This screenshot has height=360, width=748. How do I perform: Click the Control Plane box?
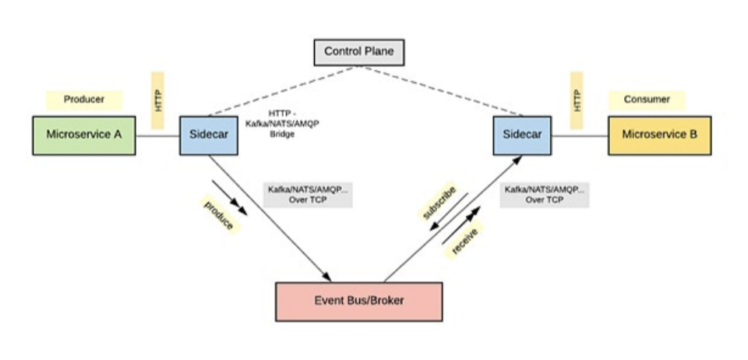coord(359,53)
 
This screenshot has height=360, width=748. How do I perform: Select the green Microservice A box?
coord(83,135)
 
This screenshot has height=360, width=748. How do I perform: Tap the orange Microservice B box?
coord(659,135)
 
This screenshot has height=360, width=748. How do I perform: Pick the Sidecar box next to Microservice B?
coord(522,135)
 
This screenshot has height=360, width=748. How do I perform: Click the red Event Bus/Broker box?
coord(358,301)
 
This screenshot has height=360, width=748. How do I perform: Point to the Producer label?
coord(84,100)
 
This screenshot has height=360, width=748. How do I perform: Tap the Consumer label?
coord(647,100)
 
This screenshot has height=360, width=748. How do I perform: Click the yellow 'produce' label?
coord(219,215)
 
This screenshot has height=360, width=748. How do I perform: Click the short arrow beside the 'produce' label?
coord(231,199)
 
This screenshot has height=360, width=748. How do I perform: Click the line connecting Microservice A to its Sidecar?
coord(157,136)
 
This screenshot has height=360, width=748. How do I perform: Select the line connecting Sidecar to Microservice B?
coord(579,136)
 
